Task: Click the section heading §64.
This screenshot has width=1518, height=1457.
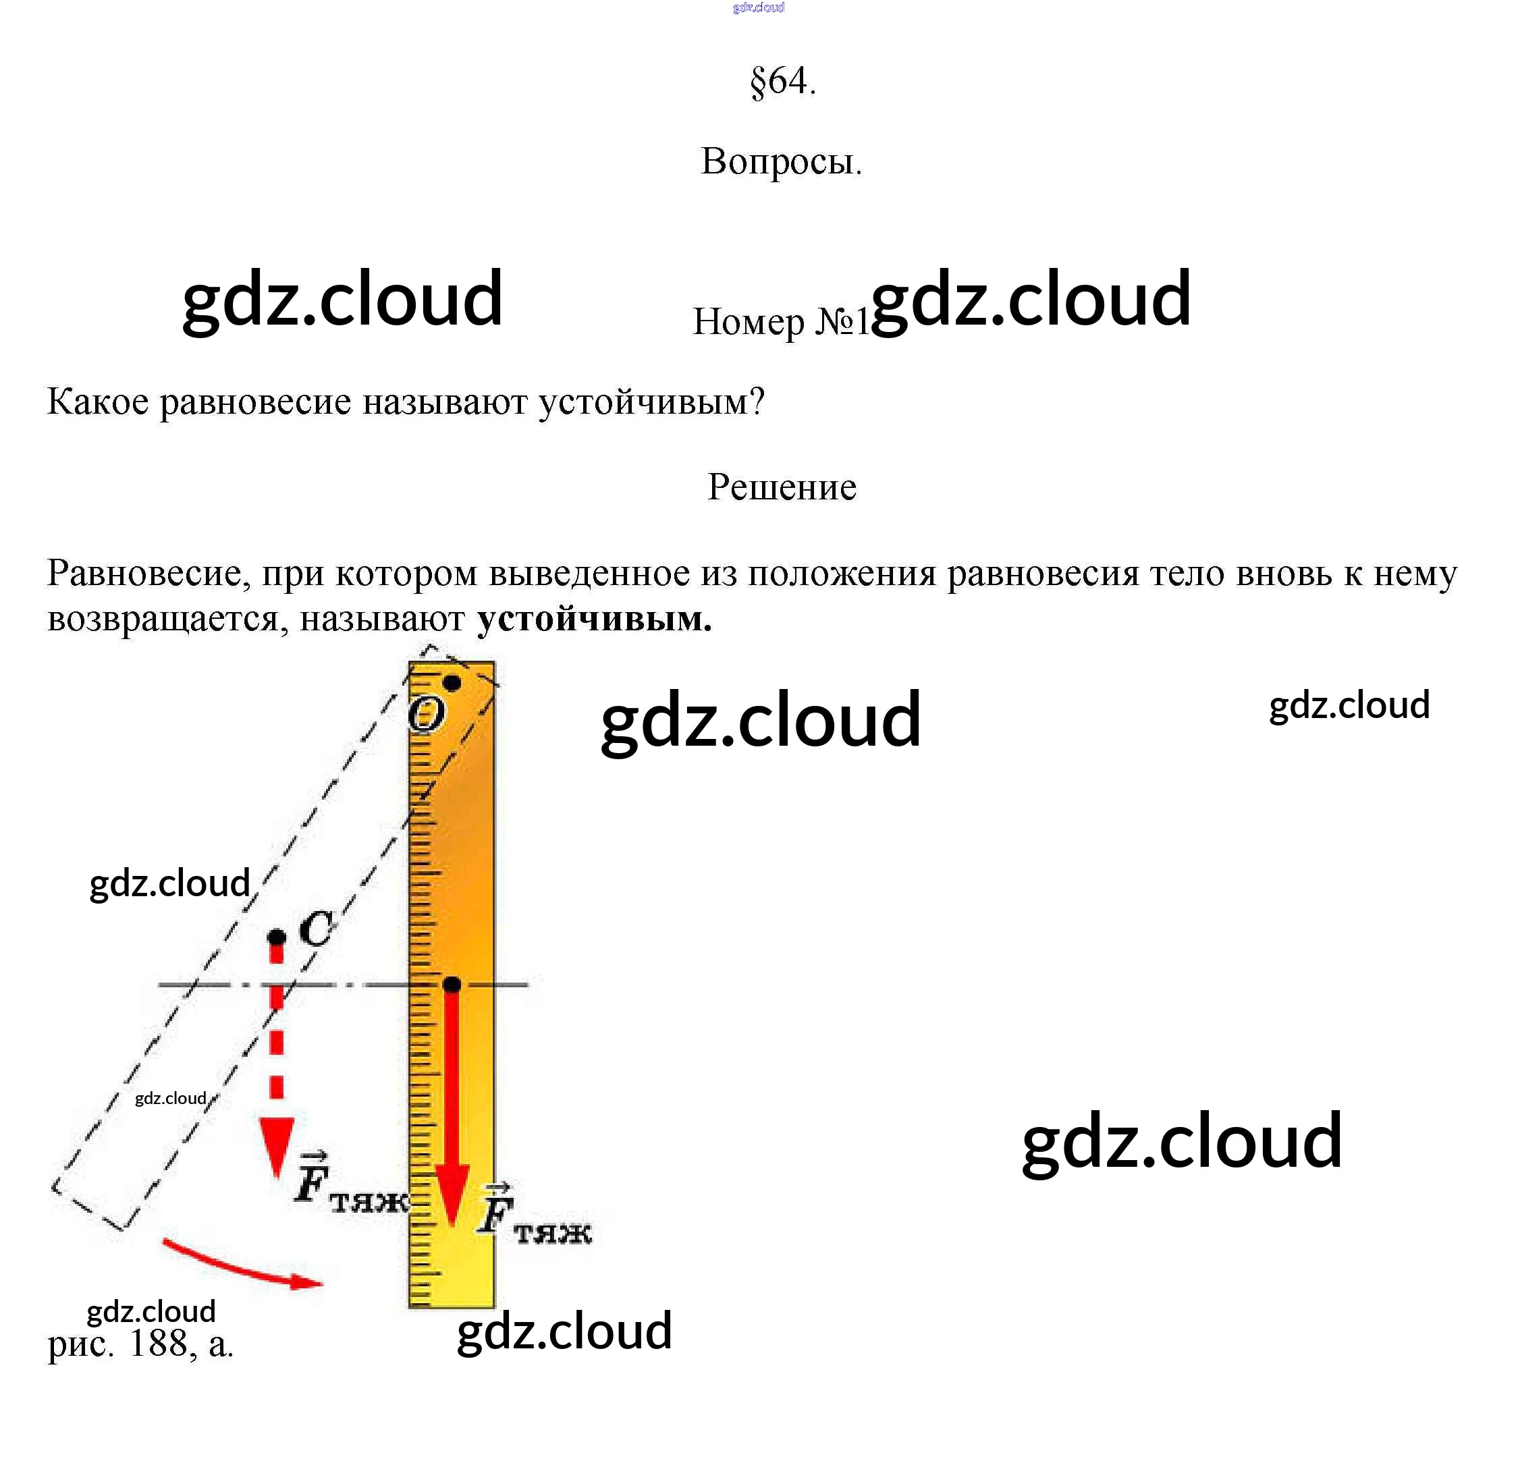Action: click(782, 80)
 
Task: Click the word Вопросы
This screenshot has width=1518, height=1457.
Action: click(781, 162)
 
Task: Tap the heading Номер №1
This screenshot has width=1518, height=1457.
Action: click(781, 321)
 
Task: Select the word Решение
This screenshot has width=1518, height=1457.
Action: click(782, 487)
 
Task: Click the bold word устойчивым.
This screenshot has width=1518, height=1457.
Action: click(594, 620)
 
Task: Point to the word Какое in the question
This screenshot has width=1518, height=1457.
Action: click(98, 402)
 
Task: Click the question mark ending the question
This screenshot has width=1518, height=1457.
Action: click(757, 402)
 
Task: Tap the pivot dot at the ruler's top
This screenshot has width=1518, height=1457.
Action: click(452, 683)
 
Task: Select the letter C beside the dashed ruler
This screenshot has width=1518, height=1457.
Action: click(316, 928)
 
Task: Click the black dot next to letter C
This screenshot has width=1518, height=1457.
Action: click(277, 937)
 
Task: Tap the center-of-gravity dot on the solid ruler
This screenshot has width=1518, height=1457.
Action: click(452, 985)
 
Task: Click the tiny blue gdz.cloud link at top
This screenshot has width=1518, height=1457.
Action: click(758, 7)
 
